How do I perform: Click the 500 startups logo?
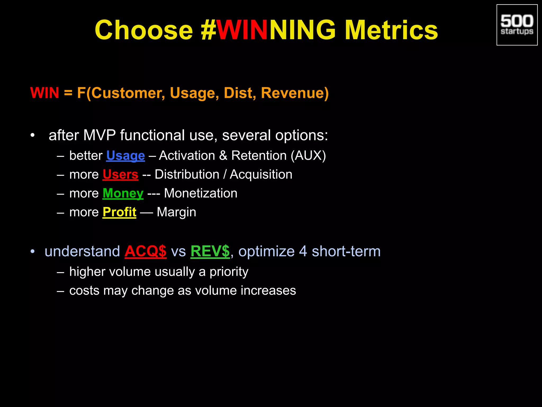tap(517, 25)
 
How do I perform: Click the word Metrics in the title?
tap(391, 30)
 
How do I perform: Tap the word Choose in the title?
tap(144, 30)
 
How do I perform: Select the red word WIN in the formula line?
tap(44, 93)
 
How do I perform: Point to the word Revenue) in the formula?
tap(295, 93)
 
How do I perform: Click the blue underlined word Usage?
tap(125, 156)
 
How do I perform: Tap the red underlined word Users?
tap(120, 175)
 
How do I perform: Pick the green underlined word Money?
tap(123, 193)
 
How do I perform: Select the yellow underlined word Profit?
tap(119, 212)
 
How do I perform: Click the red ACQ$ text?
tap(146, 251)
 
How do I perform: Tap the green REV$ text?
tap(210, 251)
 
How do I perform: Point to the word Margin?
tap(176, 212)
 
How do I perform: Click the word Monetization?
tap(201, 193)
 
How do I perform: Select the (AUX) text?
tap(308, 156)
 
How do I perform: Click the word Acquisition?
tap(261, 175)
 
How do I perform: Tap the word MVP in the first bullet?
tap(100, 135)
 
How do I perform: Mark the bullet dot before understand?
tap(32, 251)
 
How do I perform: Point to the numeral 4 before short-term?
tap(303, 251)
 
